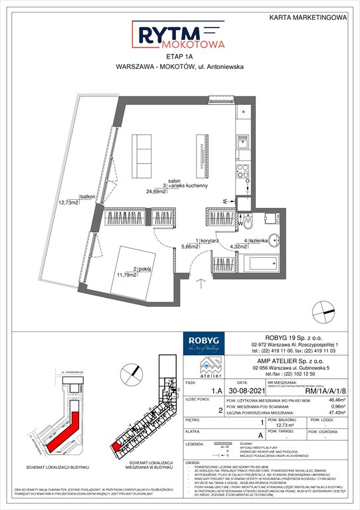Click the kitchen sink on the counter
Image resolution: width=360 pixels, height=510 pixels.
[x=243, y=141]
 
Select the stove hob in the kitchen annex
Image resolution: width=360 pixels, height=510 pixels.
[x=243, y=169]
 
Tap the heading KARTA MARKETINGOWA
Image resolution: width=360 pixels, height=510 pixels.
[x=308, y=19]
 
